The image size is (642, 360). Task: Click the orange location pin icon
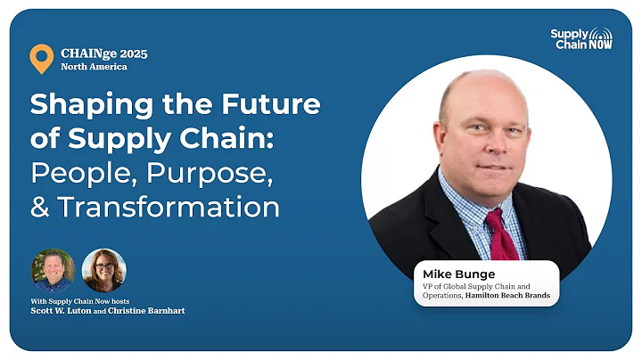(41, 58)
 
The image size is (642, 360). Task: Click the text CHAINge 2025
(104, 53)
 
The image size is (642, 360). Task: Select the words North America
(94, 67)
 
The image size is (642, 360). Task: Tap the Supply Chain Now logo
(580, 39)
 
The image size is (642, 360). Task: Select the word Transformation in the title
(169, 207)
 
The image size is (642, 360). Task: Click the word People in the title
(83, 173)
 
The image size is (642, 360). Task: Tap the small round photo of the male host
(53, 270)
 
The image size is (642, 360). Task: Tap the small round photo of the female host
(103, 270)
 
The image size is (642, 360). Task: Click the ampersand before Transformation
(40, 207)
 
